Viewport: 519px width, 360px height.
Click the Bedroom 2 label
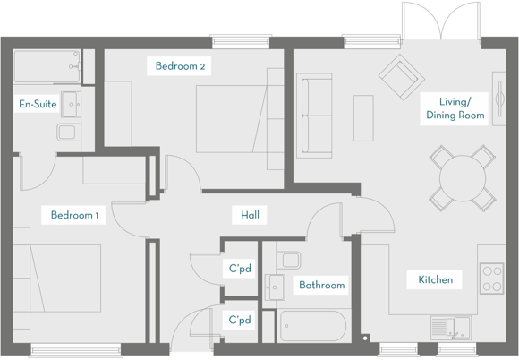pos(181,66)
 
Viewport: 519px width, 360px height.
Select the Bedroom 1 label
pos(74,215)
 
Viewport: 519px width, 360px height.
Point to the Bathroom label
pos(321,286)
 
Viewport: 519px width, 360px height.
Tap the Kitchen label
pos(436,279)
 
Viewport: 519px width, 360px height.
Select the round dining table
pos(461,176)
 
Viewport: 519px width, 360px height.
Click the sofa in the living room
pos(313,116)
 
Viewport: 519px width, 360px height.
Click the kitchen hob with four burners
pos(491,278)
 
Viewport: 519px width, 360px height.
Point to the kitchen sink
pos(449,326)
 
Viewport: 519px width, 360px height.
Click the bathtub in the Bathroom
pos(312,325)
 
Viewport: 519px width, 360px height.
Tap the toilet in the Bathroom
pos(290,261)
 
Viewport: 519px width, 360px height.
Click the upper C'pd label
pos(239,269)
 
